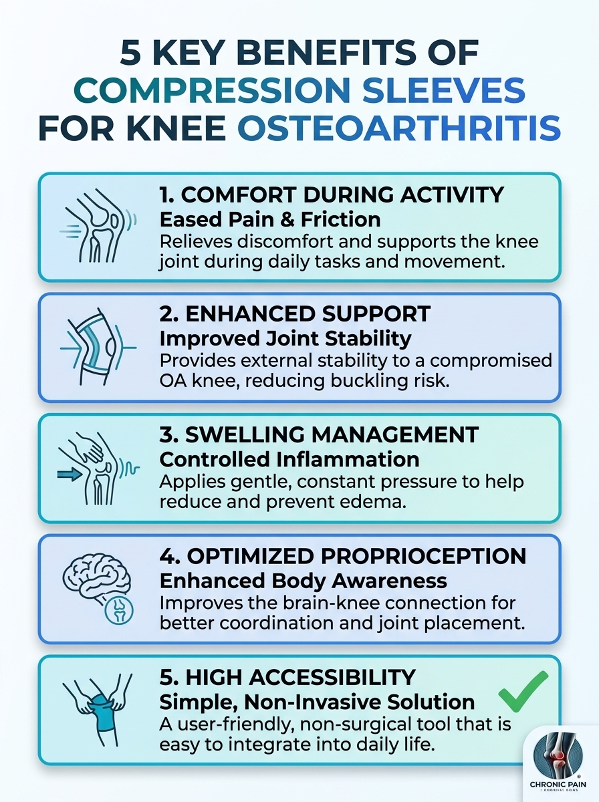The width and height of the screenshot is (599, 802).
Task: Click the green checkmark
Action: pos(523,692)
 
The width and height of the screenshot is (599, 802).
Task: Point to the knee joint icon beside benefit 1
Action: pos(99,227)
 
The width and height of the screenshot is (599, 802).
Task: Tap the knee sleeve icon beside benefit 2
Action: pos(98,346)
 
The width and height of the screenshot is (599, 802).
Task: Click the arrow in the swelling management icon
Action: pos(70,475)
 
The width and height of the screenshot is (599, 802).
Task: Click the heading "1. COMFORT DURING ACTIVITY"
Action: pos(331,195)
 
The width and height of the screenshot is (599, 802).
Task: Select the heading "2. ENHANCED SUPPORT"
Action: pos(295,314)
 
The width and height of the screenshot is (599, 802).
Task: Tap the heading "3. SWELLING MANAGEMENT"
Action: pos(319,434)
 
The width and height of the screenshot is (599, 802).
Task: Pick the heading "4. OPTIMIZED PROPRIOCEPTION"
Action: pos(343,555)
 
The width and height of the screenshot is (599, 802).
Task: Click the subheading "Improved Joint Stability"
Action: pos(285,338)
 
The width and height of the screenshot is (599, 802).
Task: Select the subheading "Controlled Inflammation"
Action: pos(289,459)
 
